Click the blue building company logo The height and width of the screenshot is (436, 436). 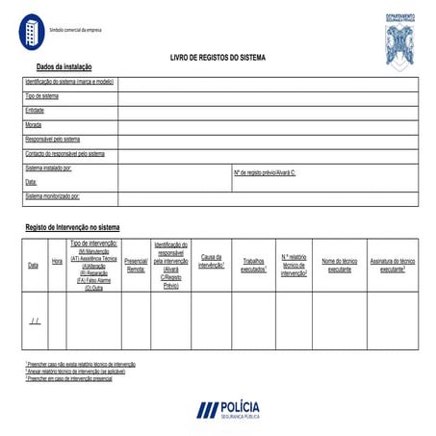(33, 32)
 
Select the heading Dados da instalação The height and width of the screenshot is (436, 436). (64, 68)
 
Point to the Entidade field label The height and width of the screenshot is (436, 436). (35, 111)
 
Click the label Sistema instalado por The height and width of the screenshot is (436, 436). (49, 168)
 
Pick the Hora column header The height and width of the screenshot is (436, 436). (57, 261)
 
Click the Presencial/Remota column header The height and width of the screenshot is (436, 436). (137, 265)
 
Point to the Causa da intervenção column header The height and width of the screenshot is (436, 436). (212, 261)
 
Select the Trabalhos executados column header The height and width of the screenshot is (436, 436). (253, 265)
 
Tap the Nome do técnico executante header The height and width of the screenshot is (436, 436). (340, 265)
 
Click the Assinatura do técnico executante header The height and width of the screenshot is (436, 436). (393, 265)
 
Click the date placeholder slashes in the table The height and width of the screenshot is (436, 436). (36, 320)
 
